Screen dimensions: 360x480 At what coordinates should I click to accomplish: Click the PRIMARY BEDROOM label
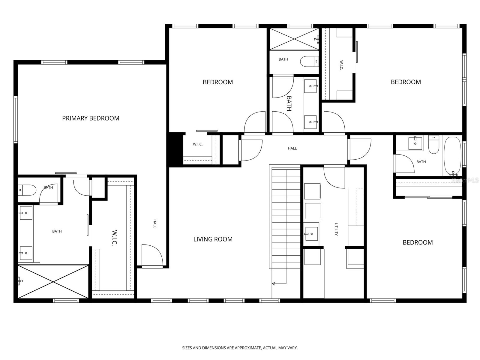point(91,118)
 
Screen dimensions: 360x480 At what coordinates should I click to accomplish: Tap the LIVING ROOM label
point(213,239)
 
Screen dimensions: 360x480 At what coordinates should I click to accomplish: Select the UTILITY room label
point(336,229)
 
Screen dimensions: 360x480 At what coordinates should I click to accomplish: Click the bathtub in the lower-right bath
point(452,156)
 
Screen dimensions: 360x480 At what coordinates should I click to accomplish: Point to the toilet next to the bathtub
point(433,145)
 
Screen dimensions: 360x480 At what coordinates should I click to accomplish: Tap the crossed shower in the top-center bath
point(294,39)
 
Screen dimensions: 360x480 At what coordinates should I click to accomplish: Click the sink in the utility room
point(311,234)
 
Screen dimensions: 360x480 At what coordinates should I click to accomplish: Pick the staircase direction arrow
point(274,283)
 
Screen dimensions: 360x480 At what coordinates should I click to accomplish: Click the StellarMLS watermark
point(465,180)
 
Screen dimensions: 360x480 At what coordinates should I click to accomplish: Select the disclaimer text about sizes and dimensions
point(240,348)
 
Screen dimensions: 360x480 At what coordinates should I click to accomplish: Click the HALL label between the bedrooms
point(292,148)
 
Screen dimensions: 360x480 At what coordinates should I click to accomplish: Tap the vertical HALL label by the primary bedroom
point(155,224)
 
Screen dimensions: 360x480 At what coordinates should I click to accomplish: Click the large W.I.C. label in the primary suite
point(114,238)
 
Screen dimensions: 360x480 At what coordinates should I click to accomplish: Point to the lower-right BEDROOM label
point(417,242)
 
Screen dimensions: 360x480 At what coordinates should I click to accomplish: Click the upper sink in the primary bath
point(26,213)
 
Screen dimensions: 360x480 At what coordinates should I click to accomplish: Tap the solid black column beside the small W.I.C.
point(175,149)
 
